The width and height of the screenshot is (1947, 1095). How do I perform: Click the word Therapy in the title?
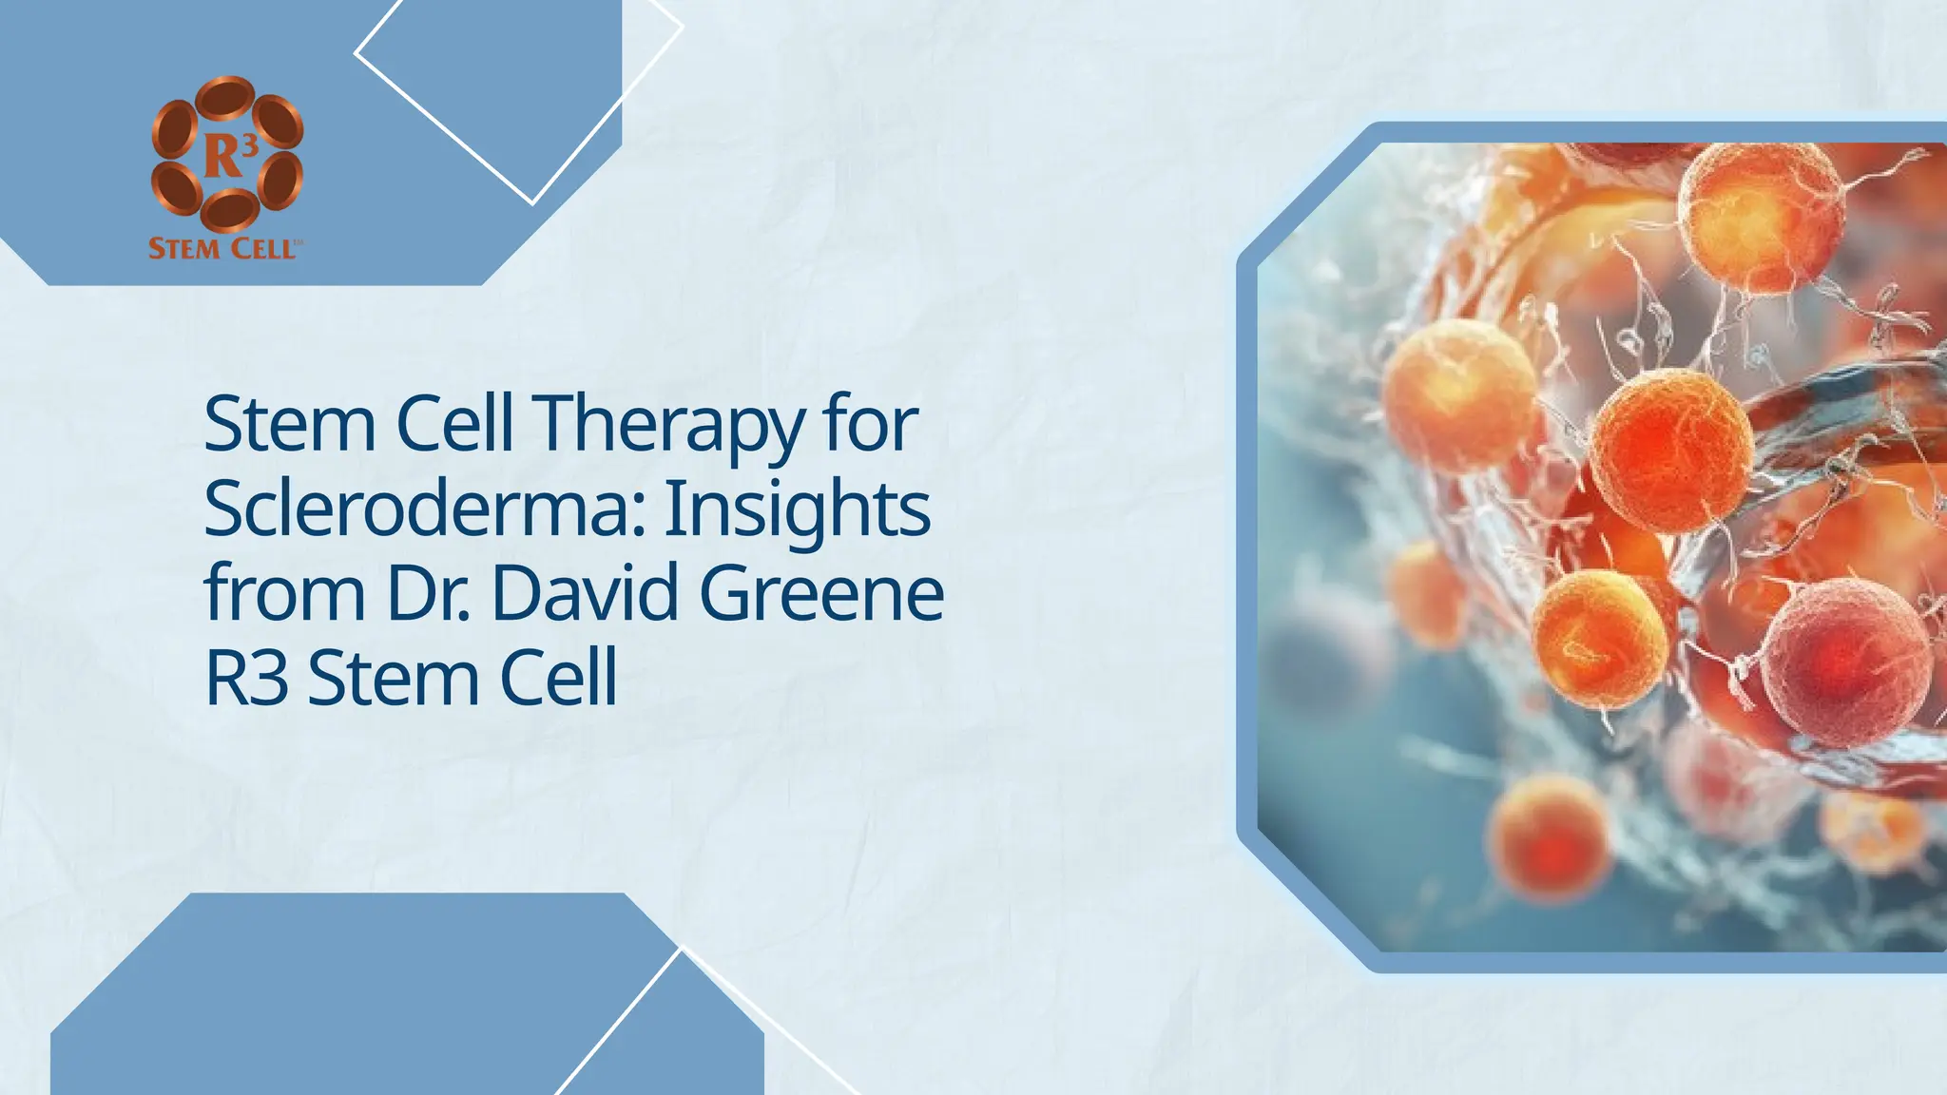[668, 425]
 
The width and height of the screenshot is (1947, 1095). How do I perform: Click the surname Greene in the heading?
[821, 594]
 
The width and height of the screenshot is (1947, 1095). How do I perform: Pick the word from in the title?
[284, 594]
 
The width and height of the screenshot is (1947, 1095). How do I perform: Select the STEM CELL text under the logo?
[225, 249]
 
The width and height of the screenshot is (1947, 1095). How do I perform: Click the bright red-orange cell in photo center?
[1671, 451]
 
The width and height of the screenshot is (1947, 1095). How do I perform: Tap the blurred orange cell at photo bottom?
[1548, 836]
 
